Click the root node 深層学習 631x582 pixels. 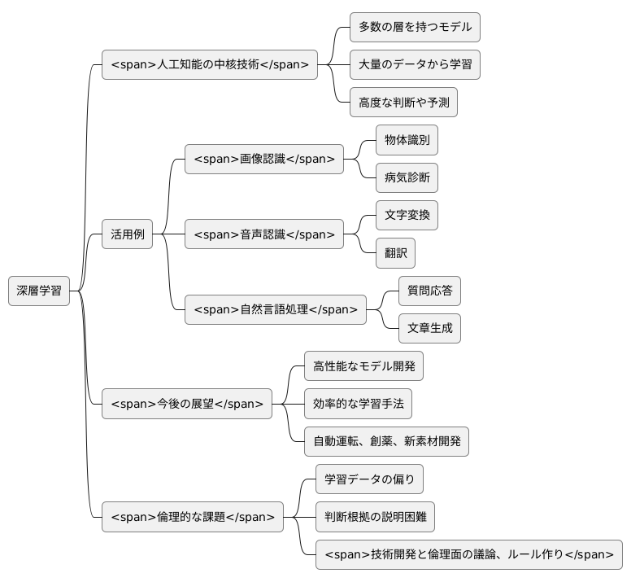point(39,291)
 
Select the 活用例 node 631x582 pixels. point(127,234)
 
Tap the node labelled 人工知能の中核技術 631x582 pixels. point(210,65)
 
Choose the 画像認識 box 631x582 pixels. point(264,159)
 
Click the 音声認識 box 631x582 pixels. point(264,234)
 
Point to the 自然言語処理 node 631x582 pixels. point(276,309)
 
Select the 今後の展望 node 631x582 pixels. point(187,404)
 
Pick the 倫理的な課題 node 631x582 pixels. point(193,517)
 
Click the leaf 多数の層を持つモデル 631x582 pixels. point(415,27)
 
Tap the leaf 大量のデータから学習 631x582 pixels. point(415,65)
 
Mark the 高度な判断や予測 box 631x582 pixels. point(403,103)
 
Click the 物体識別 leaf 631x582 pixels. point(407,140)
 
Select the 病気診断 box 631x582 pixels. point(407,177)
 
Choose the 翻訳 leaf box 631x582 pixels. point(395,253)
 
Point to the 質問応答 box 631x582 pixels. point(429,291)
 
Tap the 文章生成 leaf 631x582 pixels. point(429,328)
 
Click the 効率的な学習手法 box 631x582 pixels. point(358,404)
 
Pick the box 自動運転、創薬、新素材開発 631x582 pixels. point(386,441)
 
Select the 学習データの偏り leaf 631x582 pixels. point(369,479)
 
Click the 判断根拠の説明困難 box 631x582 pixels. point(375,517)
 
